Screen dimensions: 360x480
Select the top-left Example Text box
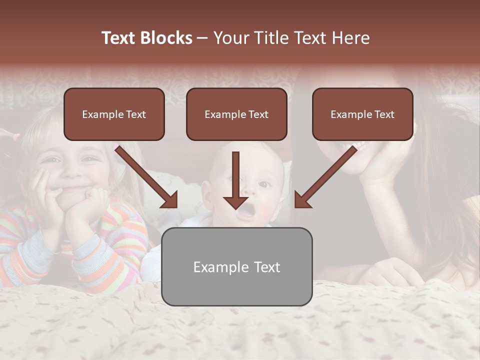coord(114,114)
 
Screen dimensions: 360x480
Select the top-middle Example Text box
coord(236,114)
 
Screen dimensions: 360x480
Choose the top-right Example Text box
coord(362,114)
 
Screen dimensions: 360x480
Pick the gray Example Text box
coord(236,266)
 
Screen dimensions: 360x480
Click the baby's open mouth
coord(244,213)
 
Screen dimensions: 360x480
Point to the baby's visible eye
coord(263,185)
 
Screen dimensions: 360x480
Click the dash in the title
coord(202,38)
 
